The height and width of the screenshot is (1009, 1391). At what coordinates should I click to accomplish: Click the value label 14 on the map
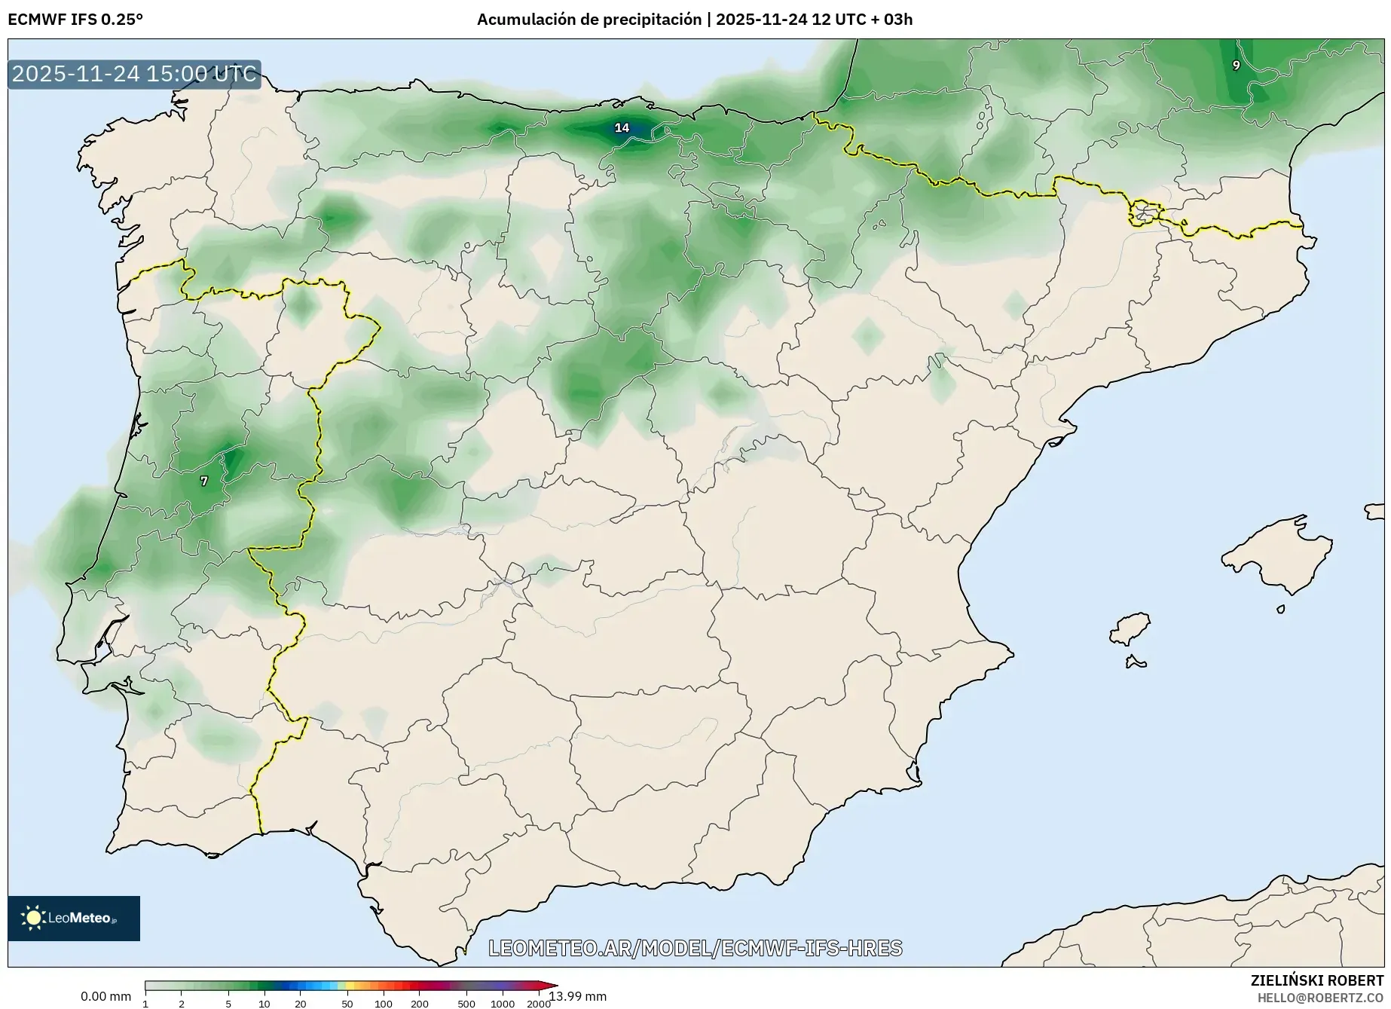622,128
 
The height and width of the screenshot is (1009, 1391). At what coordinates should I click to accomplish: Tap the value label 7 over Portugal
203,481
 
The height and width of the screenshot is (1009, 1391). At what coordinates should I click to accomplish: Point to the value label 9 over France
1236,66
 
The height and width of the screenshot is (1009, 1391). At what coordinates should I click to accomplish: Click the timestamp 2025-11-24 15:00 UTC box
134,74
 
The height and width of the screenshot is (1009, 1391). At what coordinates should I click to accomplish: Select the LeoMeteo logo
74,918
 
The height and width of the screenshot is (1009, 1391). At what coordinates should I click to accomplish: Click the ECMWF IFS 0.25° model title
75,20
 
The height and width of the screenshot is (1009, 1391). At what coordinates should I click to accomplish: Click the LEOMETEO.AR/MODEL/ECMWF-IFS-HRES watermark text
695,948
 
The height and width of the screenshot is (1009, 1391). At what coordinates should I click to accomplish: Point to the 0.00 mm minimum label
105,996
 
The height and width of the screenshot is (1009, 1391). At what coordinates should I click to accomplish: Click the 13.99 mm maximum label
578,996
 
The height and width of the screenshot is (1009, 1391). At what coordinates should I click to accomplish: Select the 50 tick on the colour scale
347,1003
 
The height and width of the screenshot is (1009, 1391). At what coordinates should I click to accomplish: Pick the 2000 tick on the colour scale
538,1003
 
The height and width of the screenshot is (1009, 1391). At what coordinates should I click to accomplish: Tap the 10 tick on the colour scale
264,1003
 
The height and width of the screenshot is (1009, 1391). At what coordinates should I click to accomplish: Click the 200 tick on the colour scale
420,1003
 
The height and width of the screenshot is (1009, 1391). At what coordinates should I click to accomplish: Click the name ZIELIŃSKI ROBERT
1317,980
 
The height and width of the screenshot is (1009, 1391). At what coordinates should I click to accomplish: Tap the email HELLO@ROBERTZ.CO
1320,998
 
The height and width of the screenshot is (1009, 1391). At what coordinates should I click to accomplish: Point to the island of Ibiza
1131,628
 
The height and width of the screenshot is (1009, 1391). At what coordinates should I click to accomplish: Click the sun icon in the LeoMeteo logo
33,918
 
